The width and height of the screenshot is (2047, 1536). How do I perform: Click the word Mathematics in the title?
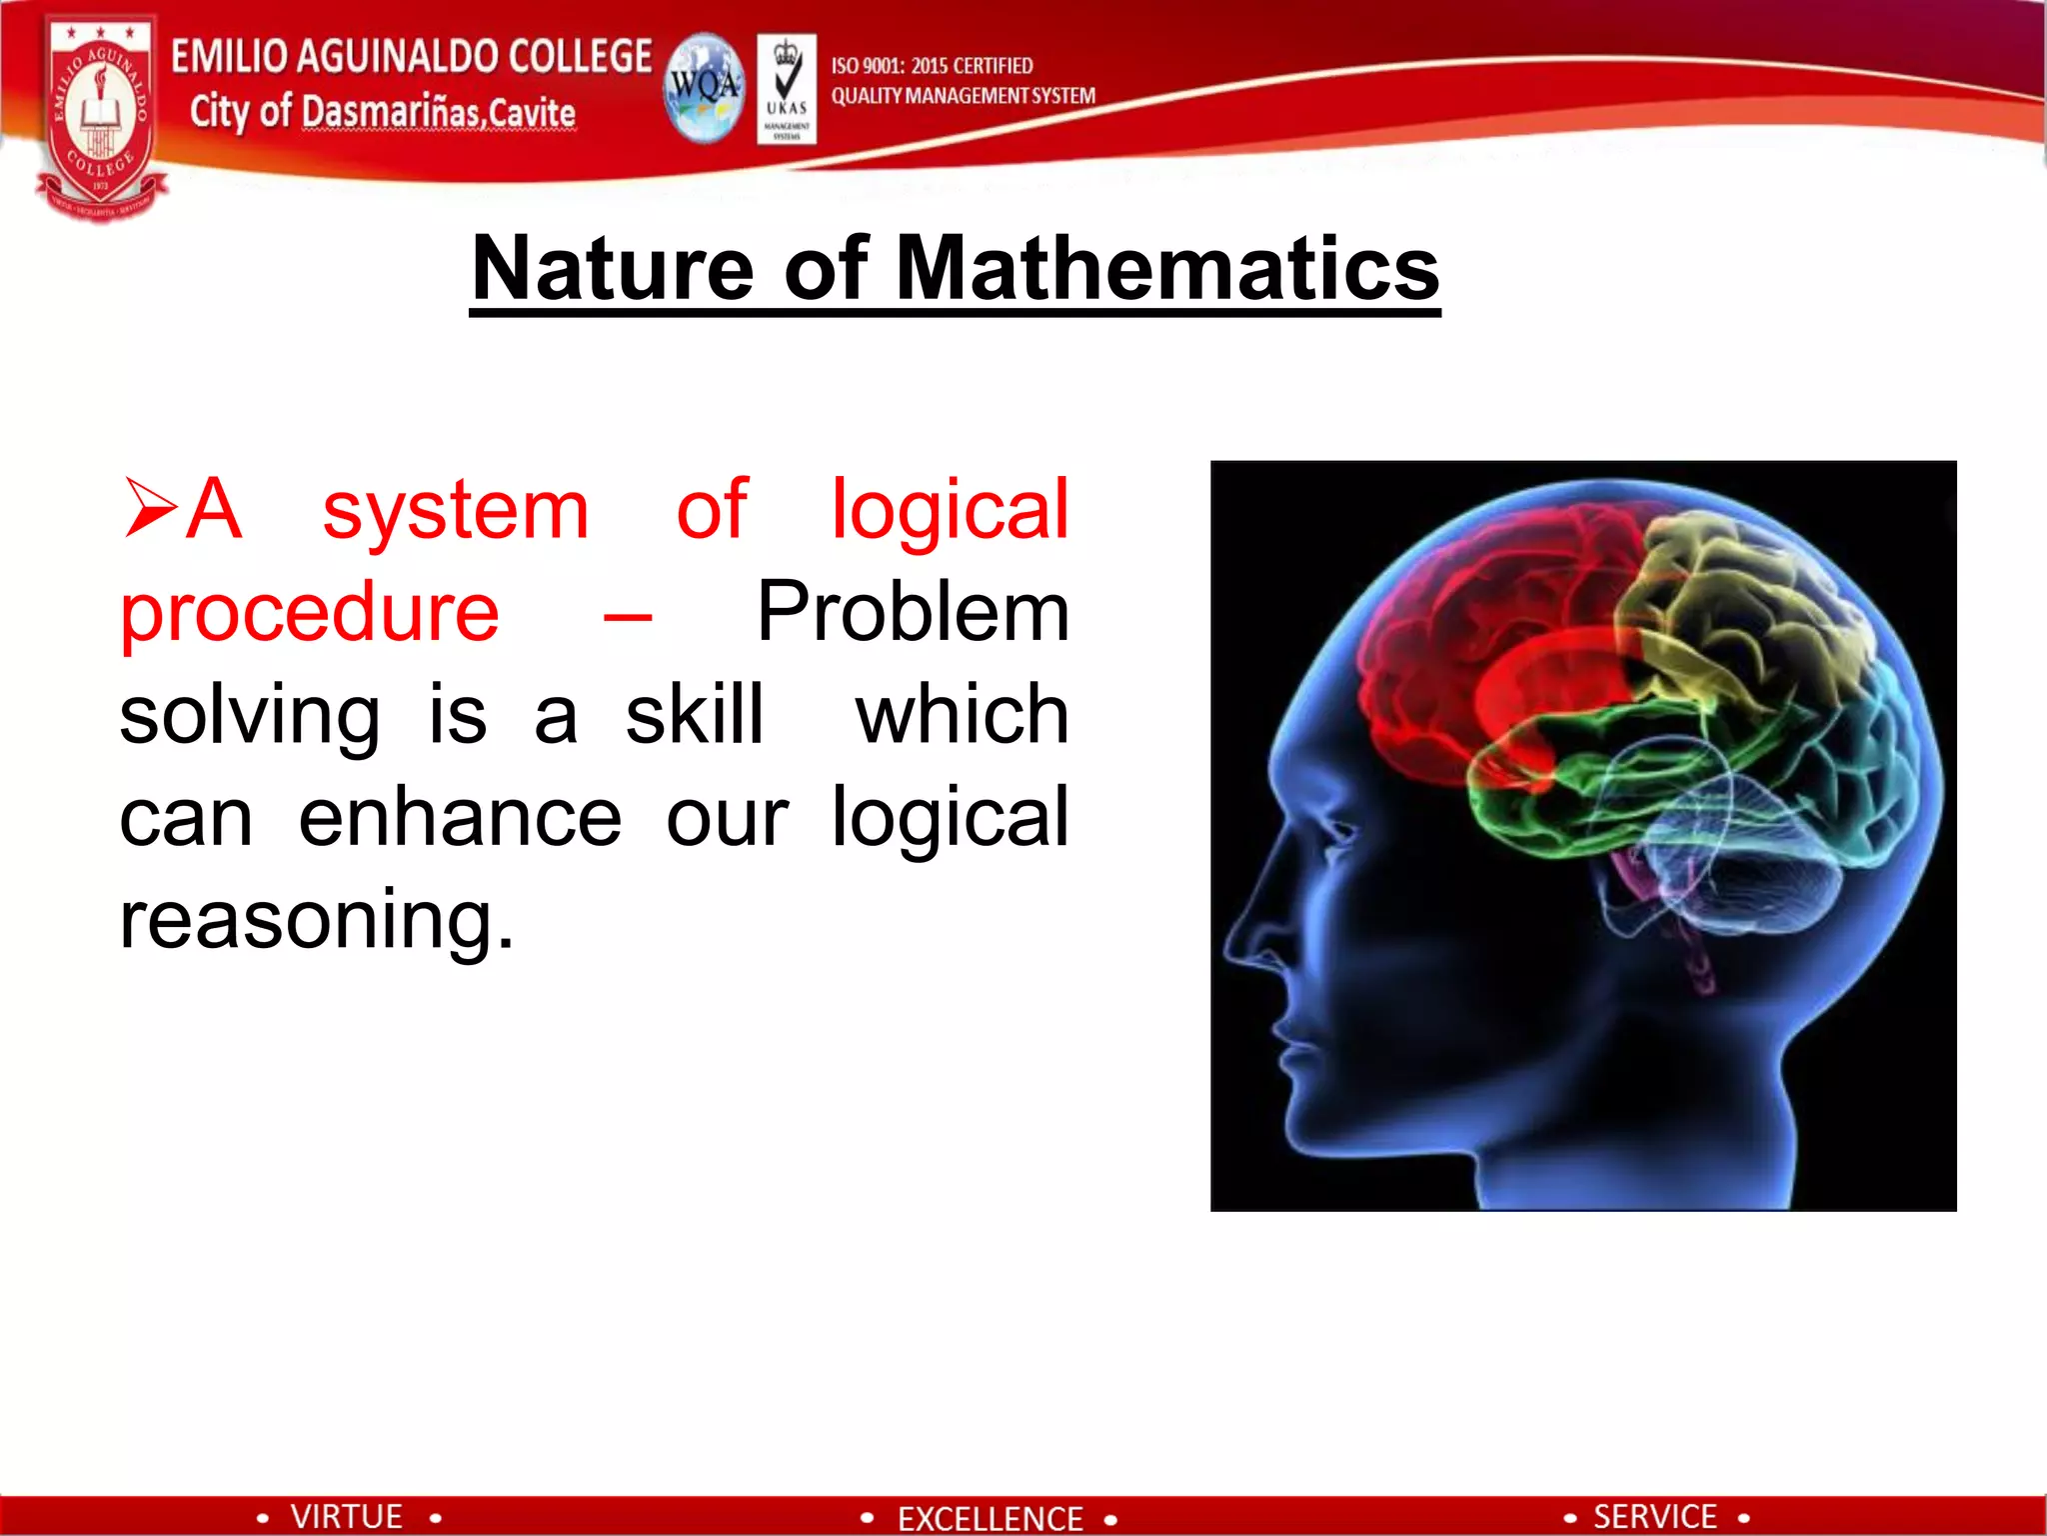1167,268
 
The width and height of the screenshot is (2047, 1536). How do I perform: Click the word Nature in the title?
612,268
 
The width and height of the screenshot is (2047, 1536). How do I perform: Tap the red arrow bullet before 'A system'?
150,508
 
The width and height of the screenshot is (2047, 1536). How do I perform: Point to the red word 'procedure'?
309,612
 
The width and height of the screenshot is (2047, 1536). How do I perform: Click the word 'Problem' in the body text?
913,612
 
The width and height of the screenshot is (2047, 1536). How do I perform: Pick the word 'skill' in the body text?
695,714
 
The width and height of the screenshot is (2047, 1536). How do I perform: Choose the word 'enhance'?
460,818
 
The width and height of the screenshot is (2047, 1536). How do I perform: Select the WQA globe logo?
706,88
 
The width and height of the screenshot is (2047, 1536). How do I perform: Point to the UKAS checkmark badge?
787,88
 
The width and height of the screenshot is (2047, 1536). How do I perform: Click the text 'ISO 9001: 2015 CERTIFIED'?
932,66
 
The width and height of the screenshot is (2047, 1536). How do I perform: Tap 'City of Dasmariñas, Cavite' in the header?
383,112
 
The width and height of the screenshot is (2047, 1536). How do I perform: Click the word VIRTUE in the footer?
346,1516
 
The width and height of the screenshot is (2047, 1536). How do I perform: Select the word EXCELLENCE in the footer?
990,1518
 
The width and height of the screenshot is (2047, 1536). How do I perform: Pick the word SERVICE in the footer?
1654,1516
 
